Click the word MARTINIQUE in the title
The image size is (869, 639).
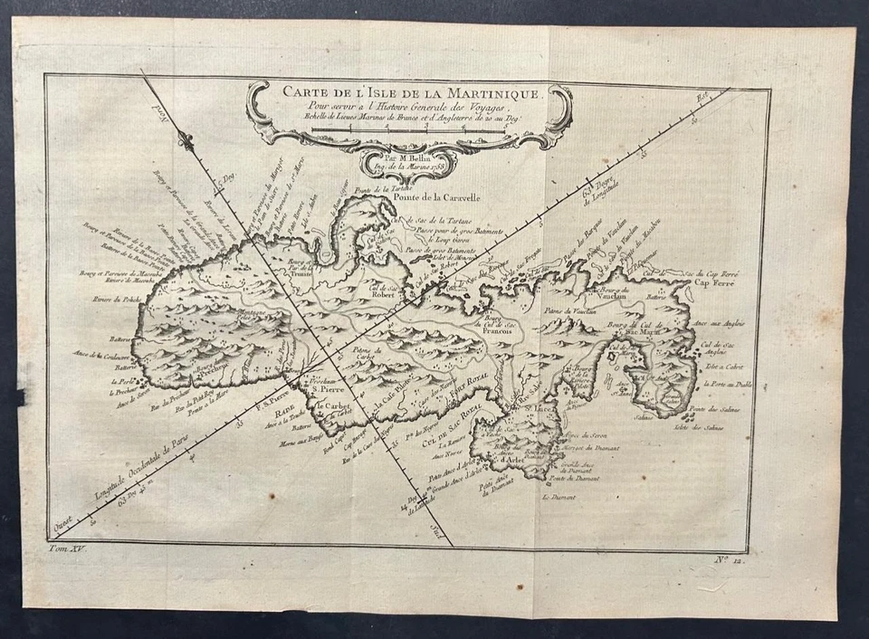[494, 92]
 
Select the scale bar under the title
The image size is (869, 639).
[407, 131]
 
